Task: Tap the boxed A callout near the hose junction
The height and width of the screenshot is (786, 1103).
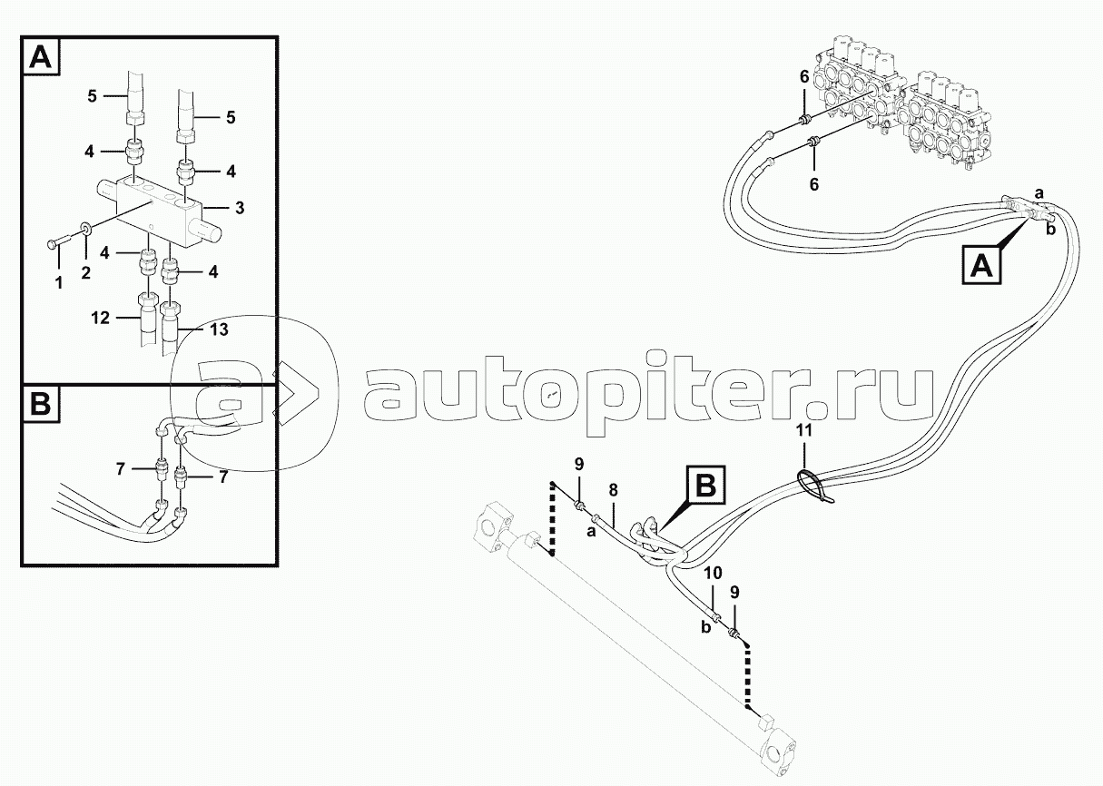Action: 980,268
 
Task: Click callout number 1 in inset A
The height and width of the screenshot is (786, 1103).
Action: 58,283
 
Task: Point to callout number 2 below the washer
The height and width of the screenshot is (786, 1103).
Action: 85,270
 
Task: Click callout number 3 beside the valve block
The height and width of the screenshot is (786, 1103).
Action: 238,209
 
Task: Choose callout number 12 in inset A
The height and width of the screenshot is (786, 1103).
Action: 101,318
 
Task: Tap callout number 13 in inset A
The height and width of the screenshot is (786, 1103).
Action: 220,330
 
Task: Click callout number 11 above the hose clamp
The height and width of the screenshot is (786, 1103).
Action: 803,431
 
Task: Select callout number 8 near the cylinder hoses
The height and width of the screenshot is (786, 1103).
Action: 613,490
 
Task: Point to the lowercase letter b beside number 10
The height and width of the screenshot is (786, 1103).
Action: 704,626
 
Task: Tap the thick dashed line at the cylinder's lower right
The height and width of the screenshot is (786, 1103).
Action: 748,677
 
